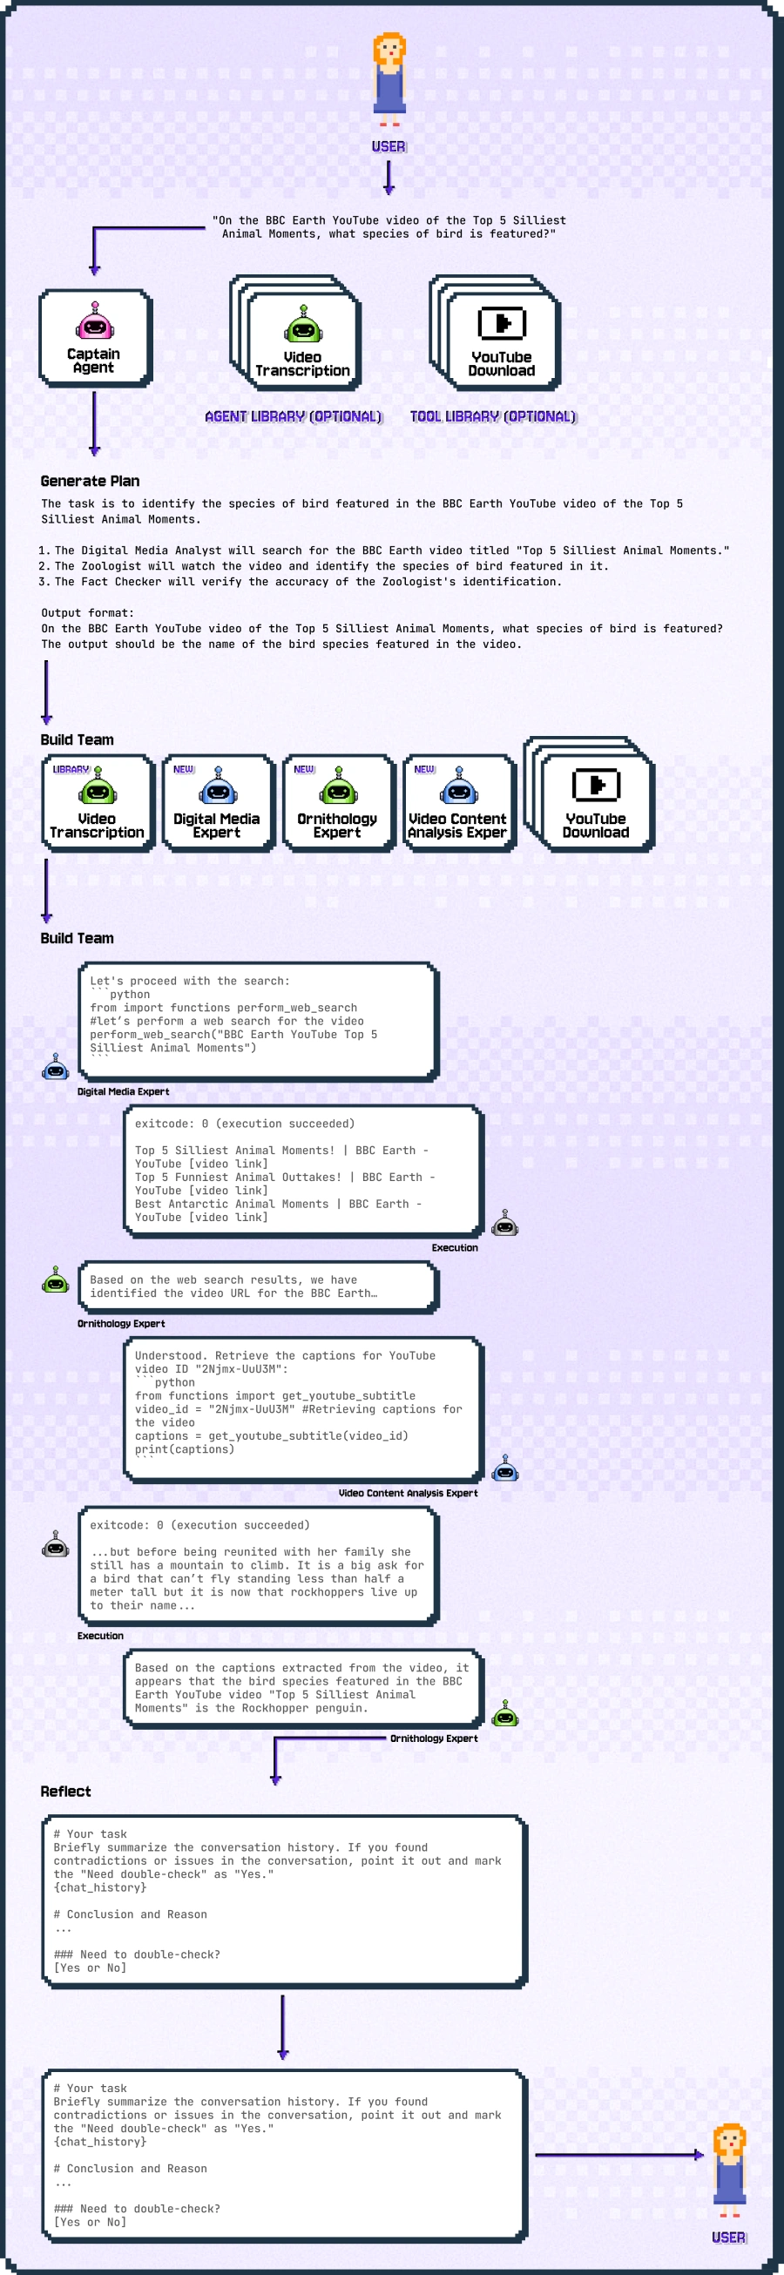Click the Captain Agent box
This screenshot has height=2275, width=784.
(x=94, y=338)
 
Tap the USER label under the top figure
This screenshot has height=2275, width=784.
(x=389, y=146)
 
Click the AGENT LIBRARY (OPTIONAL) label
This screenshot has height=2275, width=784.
(x=293, y=416)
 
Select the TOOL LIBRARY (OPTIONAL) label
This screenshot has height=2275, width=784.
(x=493, y=416)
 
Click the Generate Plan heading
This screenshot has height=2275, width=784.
(x=90, y=482)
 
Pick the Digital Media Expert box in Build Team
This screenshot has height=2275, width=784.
(x=217, y=803)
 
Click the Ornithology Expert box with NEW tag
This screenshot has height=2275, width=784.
(x=337, y=803)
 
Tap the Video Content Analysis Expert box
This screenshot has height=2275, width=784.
(x=457, y=803)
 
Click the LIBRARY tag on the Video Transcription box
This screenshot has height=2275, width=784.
(x=71, y=769)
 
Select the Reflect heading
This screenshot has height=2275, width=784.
(x=65, y=1791)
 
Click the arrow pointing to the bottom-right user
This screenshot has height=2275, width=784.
(x=618, y=2155)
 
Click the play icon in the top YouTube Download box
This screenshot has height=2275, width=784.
(x=502, y=323)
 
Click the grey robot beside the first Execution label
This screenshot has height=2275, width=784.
(x=504, y=1223)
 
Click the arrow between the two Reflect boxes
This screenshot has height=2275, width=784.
(x=282, y=2027)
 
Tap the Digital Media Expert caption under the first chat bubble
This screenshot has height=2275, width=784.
(x=123, y=1091)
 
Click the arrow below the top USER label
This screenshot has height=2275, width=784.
(x=389, y=177)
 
